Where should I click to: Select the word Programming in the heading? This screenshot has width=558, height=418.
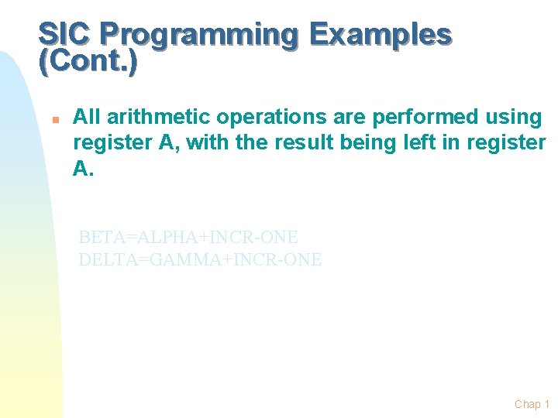(x=198, y=36)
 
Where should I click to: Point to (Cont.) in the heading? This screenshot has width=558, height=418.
(x=88, y=63)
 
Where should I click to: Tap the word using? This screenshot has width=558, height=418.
(x=515, y=118)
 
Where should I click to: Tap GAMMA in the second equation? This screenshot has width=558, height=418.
(x=184, y=260)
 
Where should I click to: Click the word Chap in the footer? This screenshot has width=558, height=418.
(x=528, y=404)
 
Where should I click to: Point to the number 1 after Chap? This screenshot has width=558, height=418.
(x=547, y=404)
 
